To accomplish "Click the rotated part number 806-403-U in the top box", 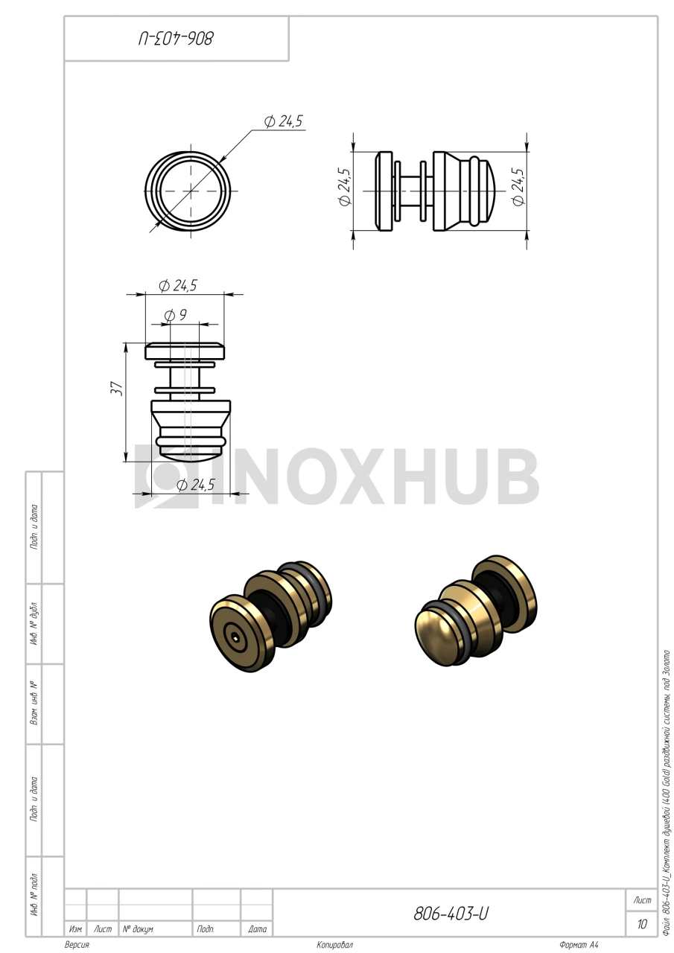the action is tap(176, 39).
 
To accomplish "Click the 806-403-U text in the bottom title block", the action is tap(451, 914).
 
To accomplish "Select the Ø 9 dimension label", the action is tap(175, 315).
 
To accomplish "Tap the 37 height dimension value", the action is tap(117, 389).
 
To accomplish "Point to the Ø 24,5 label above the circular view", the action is tap(283, 121).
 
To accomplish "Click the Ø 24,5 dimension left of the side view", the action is tap(345, 187).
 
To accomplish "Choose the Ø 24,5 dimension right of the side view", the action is tap(518, 187).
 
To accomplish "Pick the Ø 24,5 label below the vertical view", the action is tap(196, 485).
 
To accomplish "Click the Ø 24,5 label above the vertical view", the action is tap(178, 285).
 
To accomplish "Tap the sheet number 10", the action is tap(642, 924).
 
